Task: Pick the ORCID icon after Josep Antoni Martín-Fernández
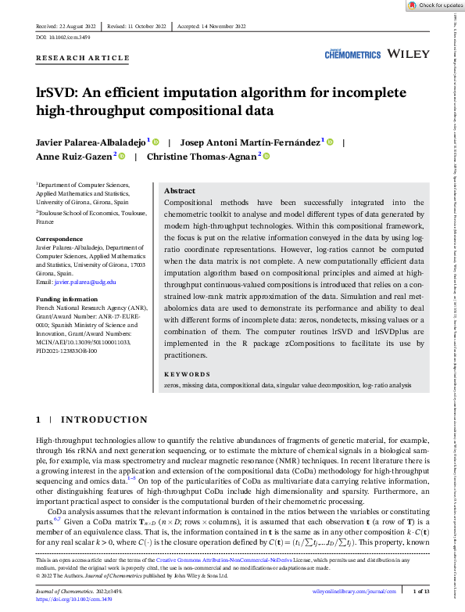point(330,142)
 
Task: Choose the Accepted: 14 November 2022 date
point(213,27)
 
